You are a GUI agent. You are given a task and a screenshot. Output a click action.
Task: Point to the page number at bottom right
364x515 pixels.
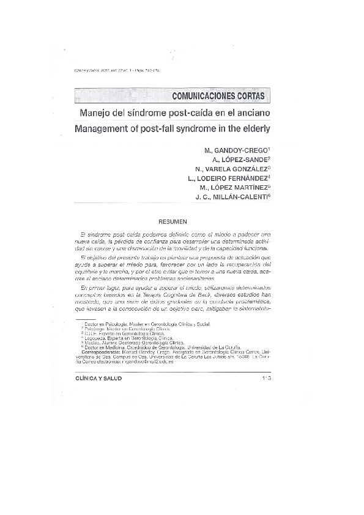point(266,379)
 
